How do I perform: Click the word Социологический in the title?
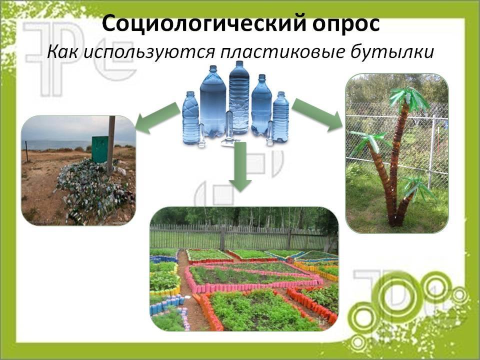203,24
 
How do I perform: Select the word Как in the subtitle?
62,51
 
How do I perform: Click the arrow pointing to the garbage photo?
157,118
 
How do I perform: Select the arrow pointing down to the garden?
240,167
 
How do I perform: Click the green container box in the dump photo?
100,149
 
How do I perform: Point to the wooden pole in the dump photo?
111,145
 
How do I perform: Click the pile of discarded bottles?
93,190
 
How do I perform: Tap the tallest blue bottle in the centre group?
239,97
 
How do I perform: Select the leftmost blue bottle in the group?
190,117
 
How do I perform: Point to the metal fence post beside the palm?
432,152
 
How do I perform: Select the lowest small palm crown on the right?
417,188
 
